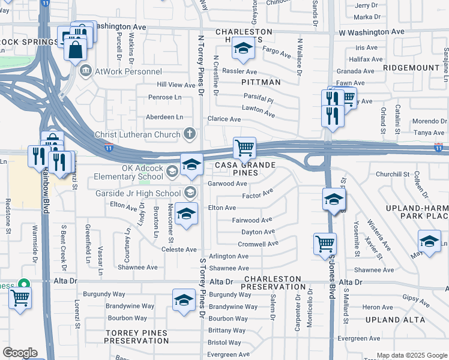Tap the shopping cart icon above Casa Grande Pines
244,147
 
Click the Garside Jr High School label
138,193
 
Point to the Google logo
20,353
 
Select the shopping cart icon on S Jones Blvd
325,244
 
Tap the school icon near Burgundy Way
184,299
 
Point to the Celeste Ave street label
179,250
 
